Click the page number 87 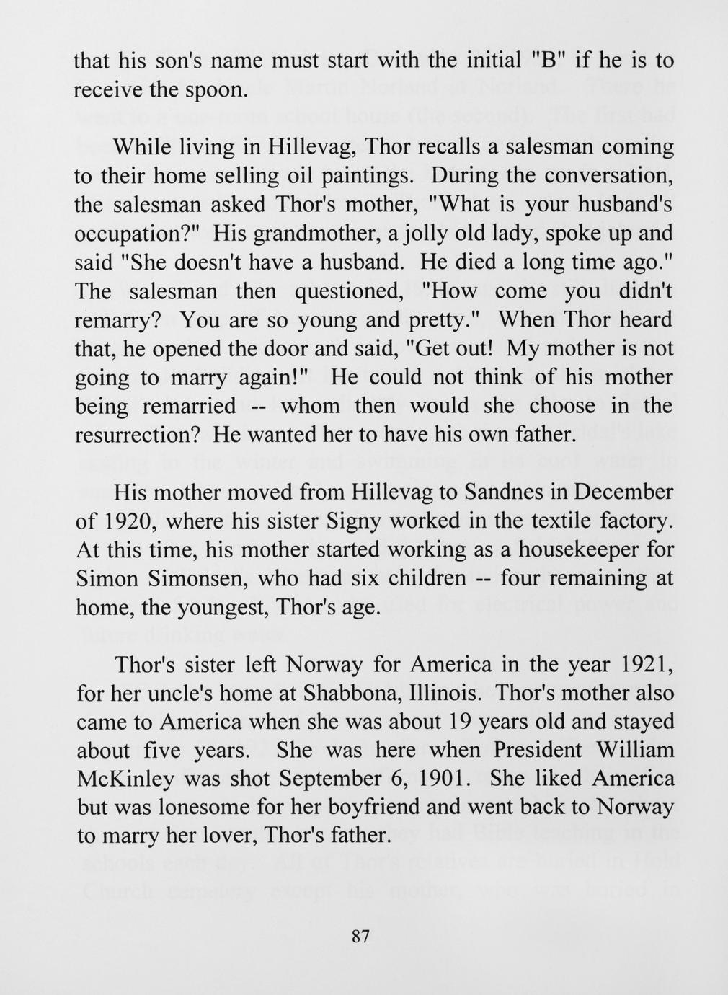click(x=360, y=937)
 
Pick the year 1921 click(x=648, y=665)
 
